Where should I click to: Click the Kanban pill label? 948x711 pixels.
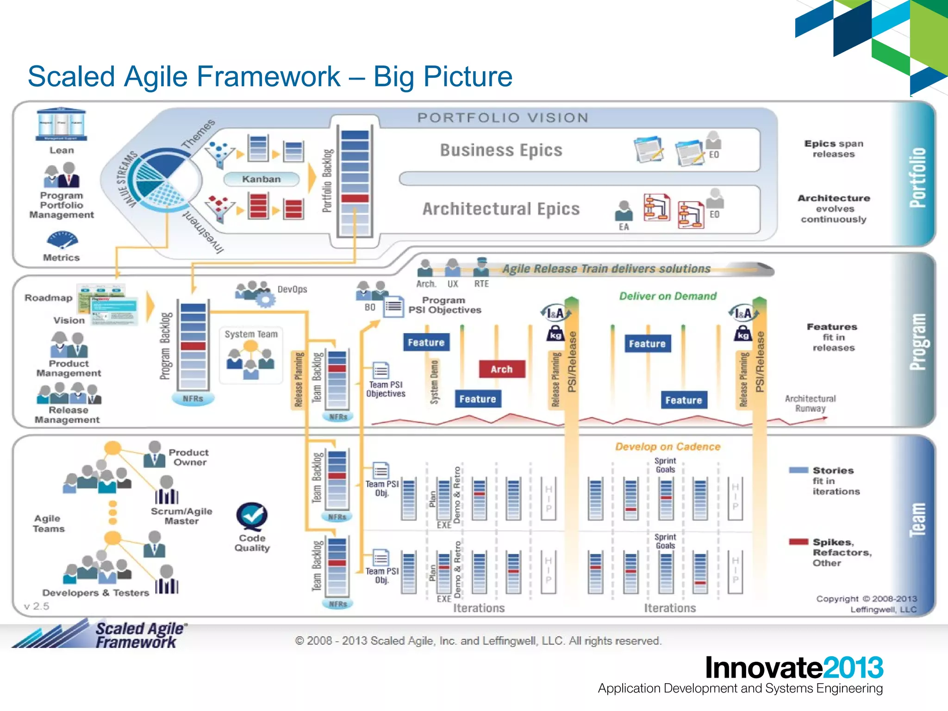click(261, 179)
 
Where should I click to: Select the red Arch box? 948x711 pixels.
click(502, 369)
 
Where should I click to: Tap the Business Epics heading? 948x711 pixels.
click(501, 150)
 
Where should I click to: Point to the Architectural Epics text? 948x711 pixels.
click(501, 209)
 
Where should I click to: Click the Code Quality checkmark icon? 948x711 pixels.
click(252, 517)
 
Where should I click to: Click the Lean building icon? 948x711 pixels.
click(61, 125)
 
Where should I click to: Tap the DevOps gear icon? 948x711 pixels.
click(265, 299)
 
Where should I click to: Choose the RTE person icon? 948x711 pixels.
click(481, 267)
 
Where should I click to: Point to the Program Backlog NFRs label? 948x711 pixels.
click(193, 399)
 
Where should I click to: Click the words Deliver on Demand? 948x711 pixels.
click(667, 296)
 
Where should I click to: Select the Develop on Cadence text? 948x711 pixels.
click(667, 447)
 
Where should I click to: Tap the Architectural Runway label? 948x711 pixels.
click(810, 404)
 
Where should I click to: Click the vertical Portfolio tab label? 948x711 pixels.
click(917, 178)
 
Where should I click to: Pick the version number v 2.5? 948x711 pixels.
click(36, 606)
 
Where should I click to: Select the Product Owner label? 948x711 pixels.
click(189, 457)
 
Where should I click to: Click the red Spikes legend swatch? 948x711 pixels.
click(798, 542)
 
